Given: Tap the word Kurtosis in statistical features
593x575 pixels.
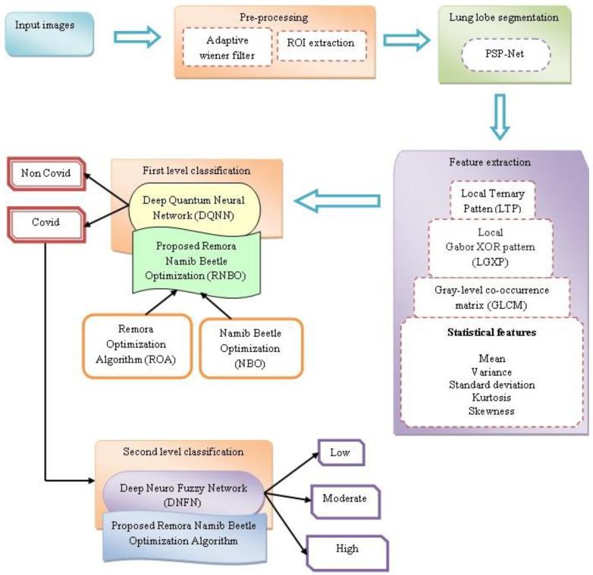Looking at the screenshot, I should pos(492,397).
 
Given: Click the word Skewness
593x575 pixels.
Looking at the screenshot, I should pos(492,410).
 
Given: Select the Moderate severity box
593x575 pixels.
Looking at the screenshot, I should pos(344,499).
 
